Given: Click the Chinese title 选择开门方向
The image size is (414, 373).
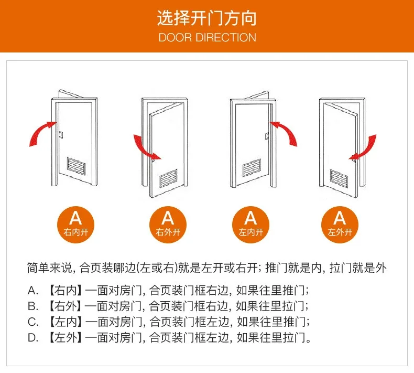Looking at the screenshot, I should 207,19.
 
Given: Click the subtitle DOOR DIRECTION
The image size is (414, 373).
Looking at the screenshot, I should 207,37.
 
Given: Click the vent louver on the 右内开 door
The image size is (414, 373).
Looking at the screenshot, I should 77,166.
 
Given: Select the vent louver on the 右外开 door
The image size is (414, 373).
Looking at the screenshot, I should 168,178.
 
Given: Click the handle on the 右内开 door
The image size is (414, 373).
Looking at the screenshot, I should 61,134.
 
